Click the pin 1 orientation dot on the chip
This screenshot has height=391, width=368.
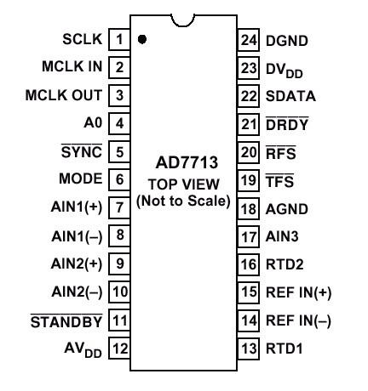[142, 39]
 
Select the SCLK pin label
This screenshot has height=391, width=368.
[83, 39]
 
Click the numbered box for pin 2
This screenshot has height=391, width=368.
[119, 67]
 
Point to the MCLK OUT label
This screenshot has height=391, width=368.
[64, 95]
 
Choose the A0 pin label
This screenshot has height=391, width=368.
[93, 123]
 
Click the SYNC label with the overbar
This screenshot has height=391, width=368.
[82, 151]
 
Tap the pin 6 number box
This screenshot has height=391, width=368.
[119, 179]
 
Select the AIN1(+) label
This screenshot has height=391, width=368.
[77, 207]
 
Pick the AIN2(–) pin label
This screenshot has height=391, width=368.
[77, 292]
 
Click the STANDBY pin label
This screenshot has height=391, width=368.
[66, 321]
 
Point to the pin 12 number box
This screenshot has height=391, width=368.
[119, 348]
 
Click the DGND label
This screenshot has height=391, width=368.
[287, 41]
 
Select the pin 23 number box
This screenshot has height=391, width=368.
[249, 68]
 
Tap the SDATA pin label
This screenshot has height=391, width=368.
[290, 96]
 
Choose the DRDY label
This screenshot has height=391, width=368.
[287, 123]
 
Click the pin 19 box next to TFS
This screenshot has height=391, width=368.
[249, 180]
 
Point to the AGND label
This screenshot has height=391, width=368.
[287, 209]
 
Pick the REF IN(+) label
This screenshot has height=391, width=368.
[299, 292]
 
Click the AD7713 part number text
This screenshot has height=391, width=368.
[187, 162]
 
